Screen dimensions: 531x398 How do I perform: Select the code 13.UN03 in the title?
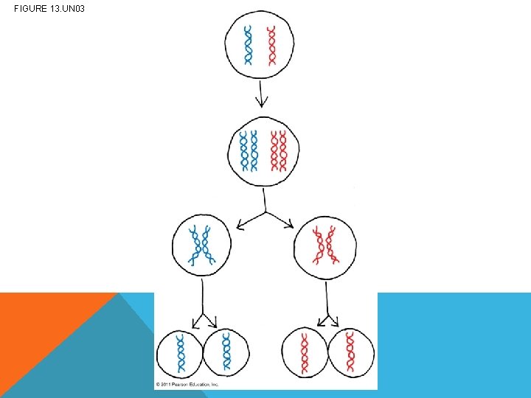(69, 9)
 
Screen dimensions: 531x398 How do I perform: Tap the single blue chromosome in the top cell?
(249, 46)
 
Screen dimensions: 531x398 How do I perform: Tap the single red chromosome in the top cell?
(271, 46)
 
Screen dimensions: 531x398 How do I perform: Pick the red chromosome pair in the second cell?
(278, 151)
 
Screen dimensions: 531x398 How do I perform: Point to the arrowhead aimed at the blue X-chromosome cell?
(239, 224)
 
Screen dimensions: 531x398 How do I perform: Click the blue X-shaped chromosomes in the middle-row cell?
(201, 245)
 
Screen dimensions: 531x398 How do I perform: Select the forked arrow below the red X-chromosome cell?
(325, 310)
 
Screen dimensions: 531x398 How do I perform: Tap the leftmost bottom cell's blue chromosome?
(179, 352)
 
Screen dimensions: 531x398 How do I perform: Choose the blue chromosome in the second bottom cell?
(226, 352)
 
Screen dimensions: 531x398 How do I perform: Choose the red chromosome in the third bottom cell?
(304, 352)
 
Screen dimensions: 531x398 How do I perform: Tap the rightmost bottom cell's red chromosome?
(350, 352)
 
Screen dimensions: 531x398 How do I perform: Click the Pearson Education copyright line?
(187, 385)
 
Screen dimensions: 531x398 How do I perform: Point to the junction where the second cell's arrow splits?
(265, 213)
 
